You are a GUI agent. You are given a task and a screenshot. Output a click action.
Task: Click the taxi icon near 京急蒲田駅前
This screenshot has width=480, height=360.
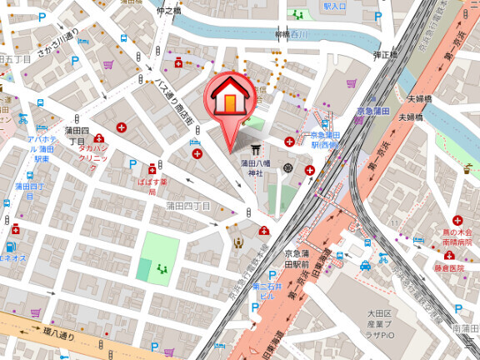[x=365, y=266]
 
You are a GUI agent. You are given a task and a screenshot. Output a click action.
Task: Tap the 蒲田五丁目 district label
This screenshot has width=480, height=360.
[x=15, y=60]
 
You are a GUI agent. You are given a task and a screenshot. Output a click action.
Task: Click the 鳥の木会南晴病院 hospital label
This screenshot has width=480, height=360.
[x=457, y=231]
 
